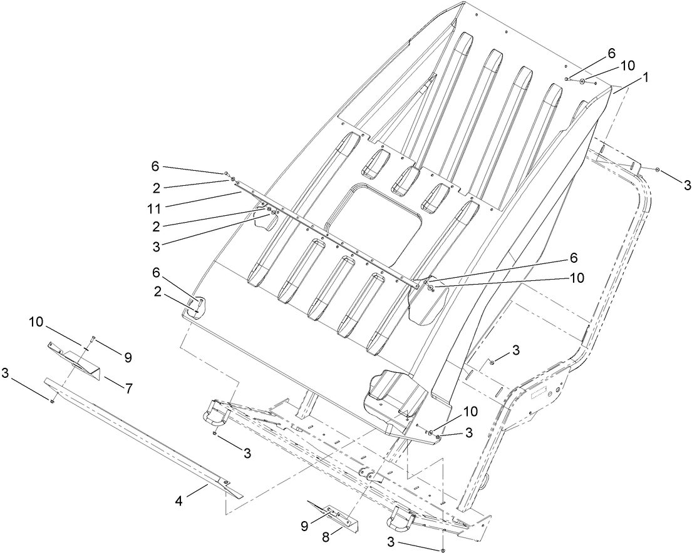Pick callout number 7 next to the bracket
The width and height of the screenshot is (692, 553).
pyautogui.click(x=129, y=388)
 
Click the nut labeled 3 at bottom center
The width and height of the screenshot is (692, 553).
pyautogui.click(x=443, y=549)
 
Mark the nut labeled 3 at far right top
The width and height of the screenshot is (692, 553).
pyautogui.click(x=656, y=170)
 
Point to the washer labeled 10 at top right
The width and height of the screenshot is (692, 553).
pyautogui.click(x=582, y=81)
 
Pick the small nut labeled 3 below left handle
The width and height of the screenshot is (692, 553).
pyautogui.click(x=214, y=433)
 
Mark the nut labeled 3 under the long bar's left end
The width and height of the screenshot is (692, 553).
pyautogui.click(x=53, y=401)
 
